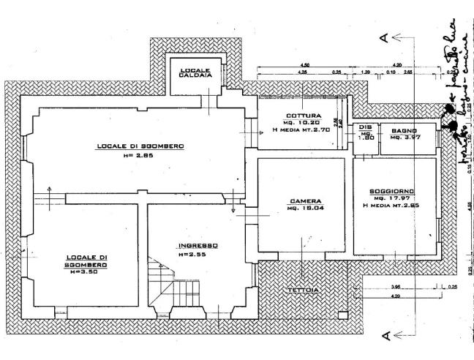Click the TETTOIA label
pos(302,290)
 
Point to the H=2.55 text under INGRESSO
pos(192,254)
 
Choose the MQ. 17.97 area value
pos(394,198)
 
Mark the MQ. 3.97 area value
pos(404,138)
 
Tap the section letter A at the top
pos(383,38)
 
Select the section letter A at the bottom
pos(383,337)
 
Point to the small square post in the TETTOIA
pos(342,315)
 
